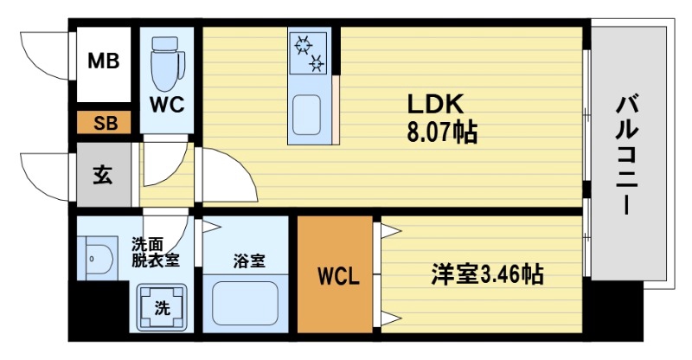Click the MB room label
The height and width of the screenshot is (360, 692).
tap(104, 62)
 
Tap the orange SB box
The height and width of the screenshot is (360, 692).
tap(104, 123)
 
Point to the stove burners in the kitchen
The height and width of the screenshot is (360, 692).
tap(308, 51)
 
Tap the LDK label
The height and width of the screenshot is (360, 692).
tap(438, 104)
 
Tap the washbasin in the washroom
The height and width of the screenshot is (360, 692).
tap(97, 258)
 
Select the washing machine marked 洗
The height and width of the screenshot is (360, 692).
tap(161, 305)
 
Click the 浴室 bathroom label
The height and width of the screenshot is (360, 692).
tap(247, 260)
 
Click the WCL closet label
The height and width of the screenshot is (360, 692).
tap(337, 278)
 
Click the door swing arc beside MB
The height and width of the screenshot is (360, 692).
tap(43, 57)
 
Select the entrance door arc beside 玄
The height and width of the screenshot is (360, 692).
tap(43, 177)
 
